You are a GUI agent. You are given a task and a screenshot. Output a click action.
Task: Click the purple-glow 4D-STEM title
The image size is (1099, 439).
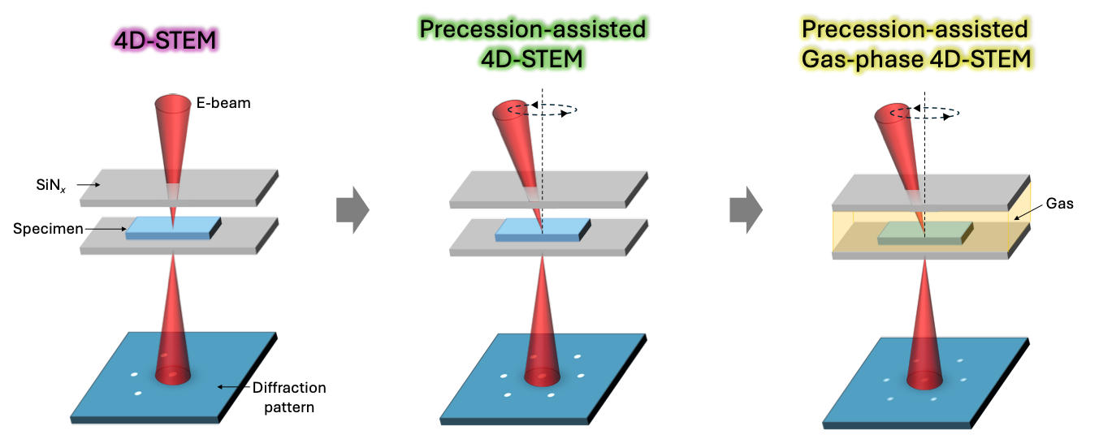(166, 40)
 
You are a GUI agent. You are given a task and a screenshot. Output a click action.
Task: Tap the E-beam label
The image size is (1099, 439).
(223, 103)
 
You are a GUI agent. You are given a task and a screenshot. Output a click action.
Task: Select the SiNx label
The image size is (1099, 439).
(50, 185)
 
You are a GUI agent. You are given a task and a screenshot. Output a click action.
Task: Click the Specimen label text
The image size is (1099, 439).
(48, 229)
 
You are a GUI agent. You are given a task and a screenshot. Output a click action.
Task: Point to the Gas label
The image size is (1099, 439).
(1060, 204)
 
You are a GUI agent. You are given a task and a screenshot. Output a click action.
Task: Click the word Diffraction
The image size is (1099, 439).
(289, 388)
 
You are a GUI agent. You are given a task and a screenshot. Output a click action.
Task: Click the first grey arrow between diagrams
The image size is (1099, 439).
(353, 209)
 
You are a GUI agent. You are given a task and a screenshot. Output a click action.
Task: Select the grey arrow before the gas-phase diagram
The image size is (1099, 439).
(746, 209)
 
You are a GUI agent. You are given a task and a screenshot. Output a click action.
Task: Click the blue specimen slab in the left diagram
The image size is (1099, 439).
(173, 228)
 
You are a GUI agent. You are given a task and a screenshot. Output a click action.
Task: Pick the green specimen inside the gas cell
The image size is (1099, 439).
(925, 233)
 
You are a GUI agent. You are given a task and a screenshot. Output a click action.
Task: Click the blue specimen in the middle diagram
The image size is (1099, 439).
(543, 230)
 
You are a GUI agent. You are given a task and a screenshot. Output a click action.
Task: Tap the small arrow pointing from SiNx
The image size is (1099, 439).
(89, 185)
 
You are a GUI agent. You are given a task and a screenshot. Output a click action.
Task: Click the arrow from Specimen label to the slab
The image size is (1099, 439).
(106, 229)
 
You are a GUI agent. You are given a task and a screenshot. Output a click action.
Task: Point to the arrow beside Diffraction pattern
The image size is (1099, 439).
(235, 387)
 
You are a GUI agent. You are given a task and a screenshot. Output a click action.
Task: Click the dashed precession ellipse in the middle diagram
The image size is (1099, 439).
(542, 110)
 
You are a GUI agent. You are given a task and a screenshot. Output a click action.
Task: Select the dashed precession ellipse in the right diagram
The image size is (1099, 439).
(924, 113)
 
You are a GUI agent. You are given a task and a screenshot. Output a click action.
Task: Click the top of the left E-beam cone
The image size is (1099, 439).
(173, 103)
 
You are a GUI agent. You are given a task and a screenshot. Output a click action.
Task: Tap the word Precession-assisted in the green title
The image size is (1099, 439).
(532, 29)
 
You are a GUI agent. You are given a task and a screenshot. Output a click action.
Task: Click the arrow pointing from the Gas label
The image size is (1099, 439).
(1029, 213)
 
